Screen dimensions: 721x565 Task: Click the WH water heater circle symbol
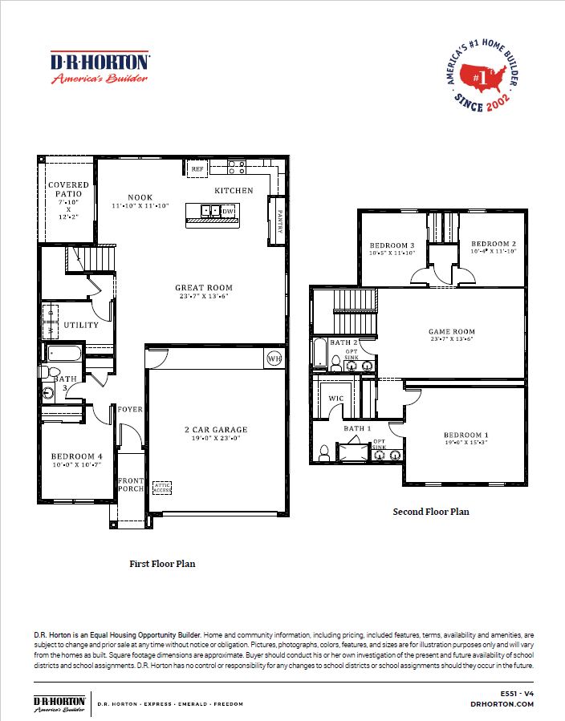coord(274,358)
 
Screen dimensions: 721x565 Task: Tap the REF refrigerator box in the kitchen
coord(197,168)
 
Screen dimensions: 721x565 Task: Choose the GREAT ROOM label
coord(204,287)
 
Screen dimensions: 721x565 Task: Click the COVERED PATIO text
coord(68,190)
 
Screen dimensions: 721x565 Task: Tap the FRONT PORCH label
coord(131,485)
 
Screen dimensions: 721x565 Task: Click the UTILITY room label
coord(81,325)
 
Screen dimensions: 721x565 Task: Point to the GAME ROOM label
coord(451,331)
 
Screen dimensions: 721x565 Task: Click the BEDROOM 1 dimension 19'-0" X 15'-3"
coord(466,444)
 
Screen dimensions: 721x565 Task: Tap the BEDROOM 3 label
coord(392,245)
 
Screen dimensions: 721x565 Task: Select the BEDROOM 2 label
coord(493,244)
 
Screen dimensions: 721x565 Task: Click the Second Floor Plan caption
coord(430,511)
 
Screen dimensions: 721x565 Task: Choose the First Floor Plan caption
coord(162,564)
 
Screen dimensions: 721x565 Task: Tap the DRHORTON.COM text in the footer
coord(502,703)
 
